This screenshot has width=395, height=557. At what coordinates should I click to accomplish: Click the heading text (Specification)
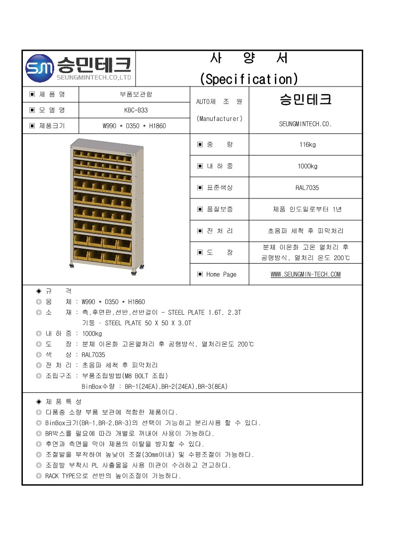pos(248,79)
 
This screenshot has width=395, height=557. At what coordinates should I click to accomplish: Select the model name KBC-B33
pos(135,110)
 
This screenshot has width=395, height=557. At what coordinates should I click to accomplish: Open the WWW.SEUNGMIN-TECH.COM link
pos(306,274)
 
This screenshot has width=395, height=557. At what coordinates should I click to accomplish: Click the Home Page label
pos(221,274)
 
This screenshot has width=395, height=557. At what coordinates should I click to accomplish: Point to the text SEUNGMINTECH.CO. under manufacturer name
pos(305,124)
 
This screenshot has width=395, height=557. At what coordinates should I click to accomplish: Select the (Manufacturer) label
pos(219,118)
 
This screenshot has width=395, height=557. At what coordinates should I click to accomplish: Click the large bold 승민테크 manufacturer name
pos(305,99)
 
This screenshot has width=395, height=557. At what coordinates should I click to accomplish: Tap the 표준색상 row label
pos(219,187)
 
